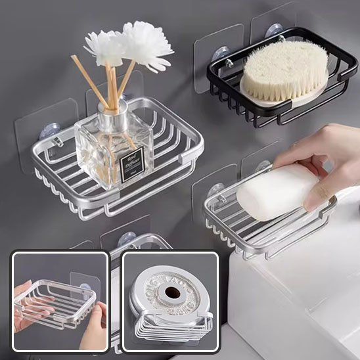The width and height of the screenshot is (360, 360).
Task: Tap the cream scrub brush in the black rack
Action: coord(284,70)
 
